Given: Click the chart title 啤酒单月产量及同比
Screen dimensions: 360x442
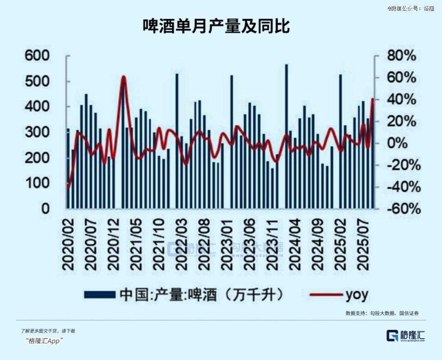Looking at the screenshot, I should (216, 26).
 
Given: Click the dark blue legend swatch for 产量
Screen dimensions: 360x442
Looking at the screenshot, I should (99, 294).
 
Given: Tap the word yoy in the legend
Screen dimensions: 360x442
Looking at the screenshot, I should (357, 295).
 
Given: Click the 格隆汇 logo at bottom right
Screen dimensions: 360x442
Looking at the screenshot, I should (405, 335).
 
